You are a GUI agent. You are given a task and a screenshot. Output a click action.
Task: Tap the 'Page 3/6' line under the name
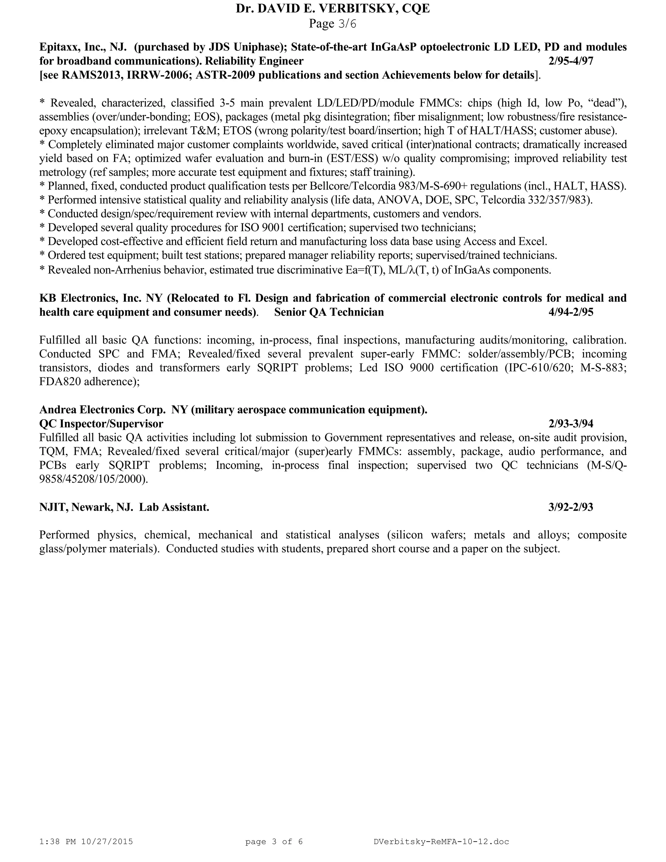[332, 24]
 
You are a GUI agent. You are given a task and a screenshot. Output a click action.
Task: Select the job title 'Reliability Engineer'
[254, 61]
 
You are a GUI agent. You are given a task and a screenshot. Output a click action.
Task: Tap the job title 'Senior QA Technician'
[329, 312]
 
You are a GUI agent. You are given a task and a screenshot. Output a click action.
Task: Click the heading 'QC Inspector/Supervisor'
[101, 424]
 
